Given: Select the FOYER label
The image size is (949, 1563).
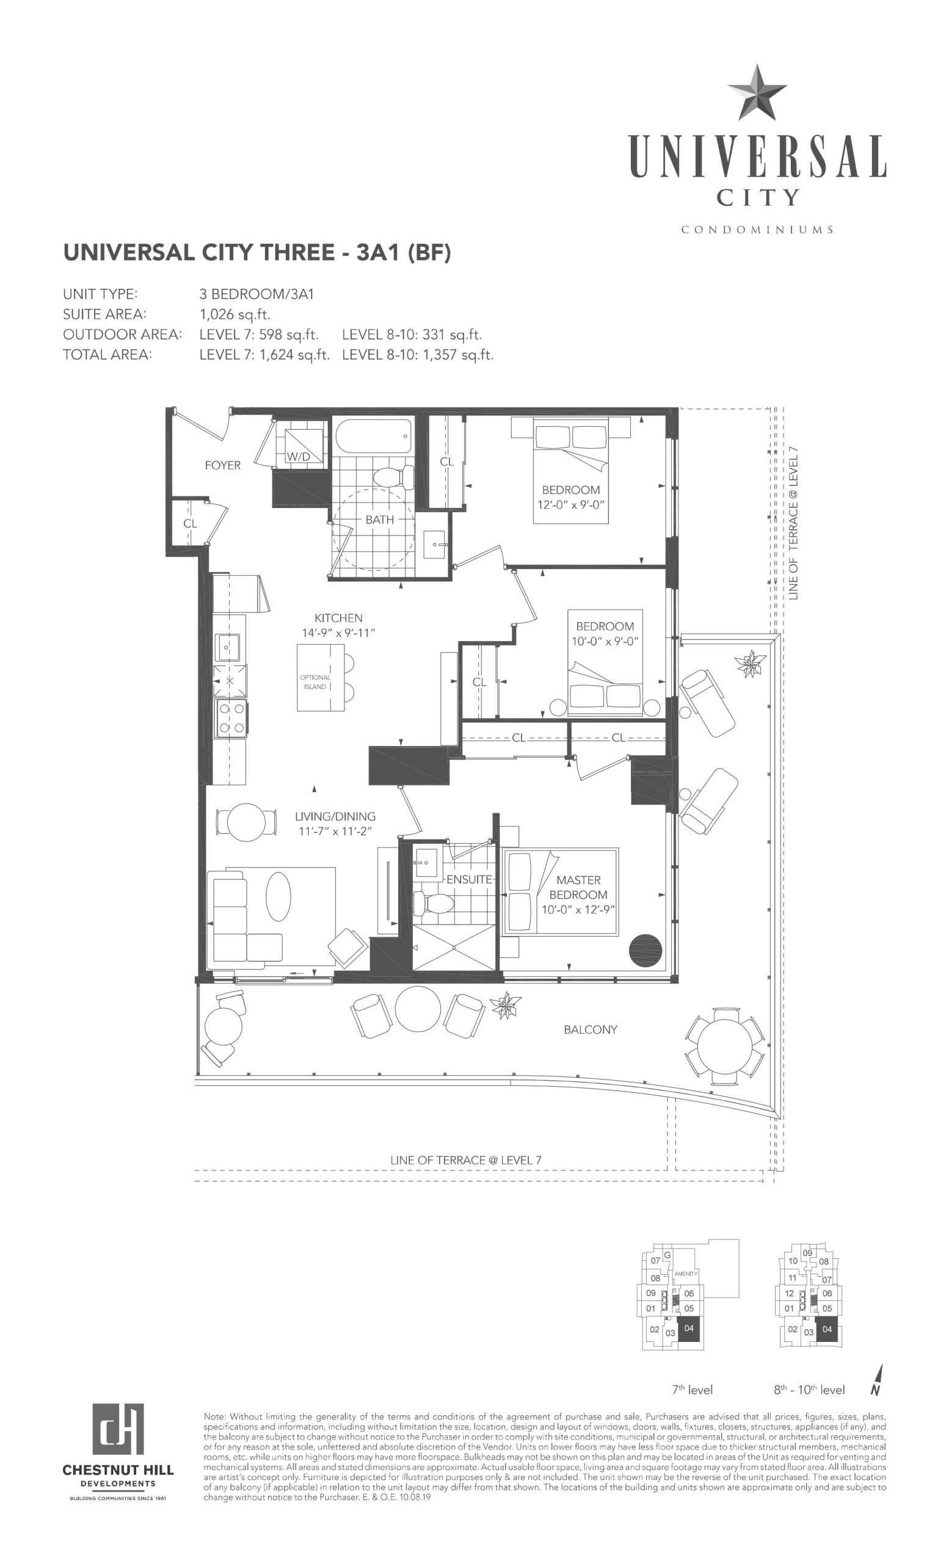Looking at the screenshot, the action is point(223,465).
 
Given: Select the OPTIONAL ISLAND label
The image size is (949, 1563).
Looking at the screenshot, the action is point(315,682).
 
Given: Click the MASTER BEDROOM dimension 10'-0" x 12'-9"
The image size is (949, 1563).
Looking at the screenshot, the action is point(578,910).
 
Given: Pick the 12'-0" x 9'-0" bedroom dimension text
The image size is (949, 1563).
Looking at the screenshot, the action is point(571,505).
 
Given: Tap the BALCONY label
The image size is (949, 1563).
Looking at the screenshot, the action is point(590,1029).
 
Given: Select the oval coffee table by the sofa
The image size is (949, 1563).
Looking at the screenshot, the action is point(278,896).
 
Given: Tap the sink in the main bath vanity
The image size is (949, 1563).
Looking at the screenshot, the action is point(437,543).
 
